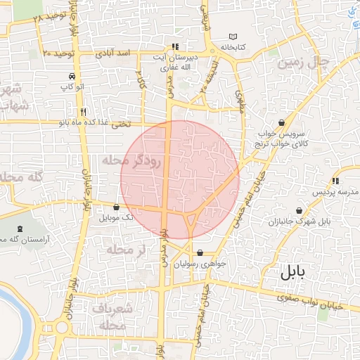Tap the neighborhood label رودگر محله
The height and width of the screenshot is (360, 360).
(132, 161)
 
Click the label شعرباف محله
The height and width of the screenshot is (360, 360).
(113, 317)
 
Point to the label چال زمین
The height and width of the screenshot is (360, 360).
(304, 62)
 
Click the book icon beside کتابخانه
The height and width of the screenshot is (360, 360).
(233, 37)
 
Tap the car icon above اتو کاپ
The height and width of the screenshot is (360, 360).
(72, 76)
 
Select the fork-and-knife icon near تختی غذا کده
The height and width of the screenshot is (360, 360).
(84, 112)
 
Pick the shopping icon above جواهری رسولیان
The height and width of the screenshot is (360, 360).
(200, 253)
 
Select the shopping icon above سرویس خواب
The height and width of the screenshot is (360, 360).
(282, 122)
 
